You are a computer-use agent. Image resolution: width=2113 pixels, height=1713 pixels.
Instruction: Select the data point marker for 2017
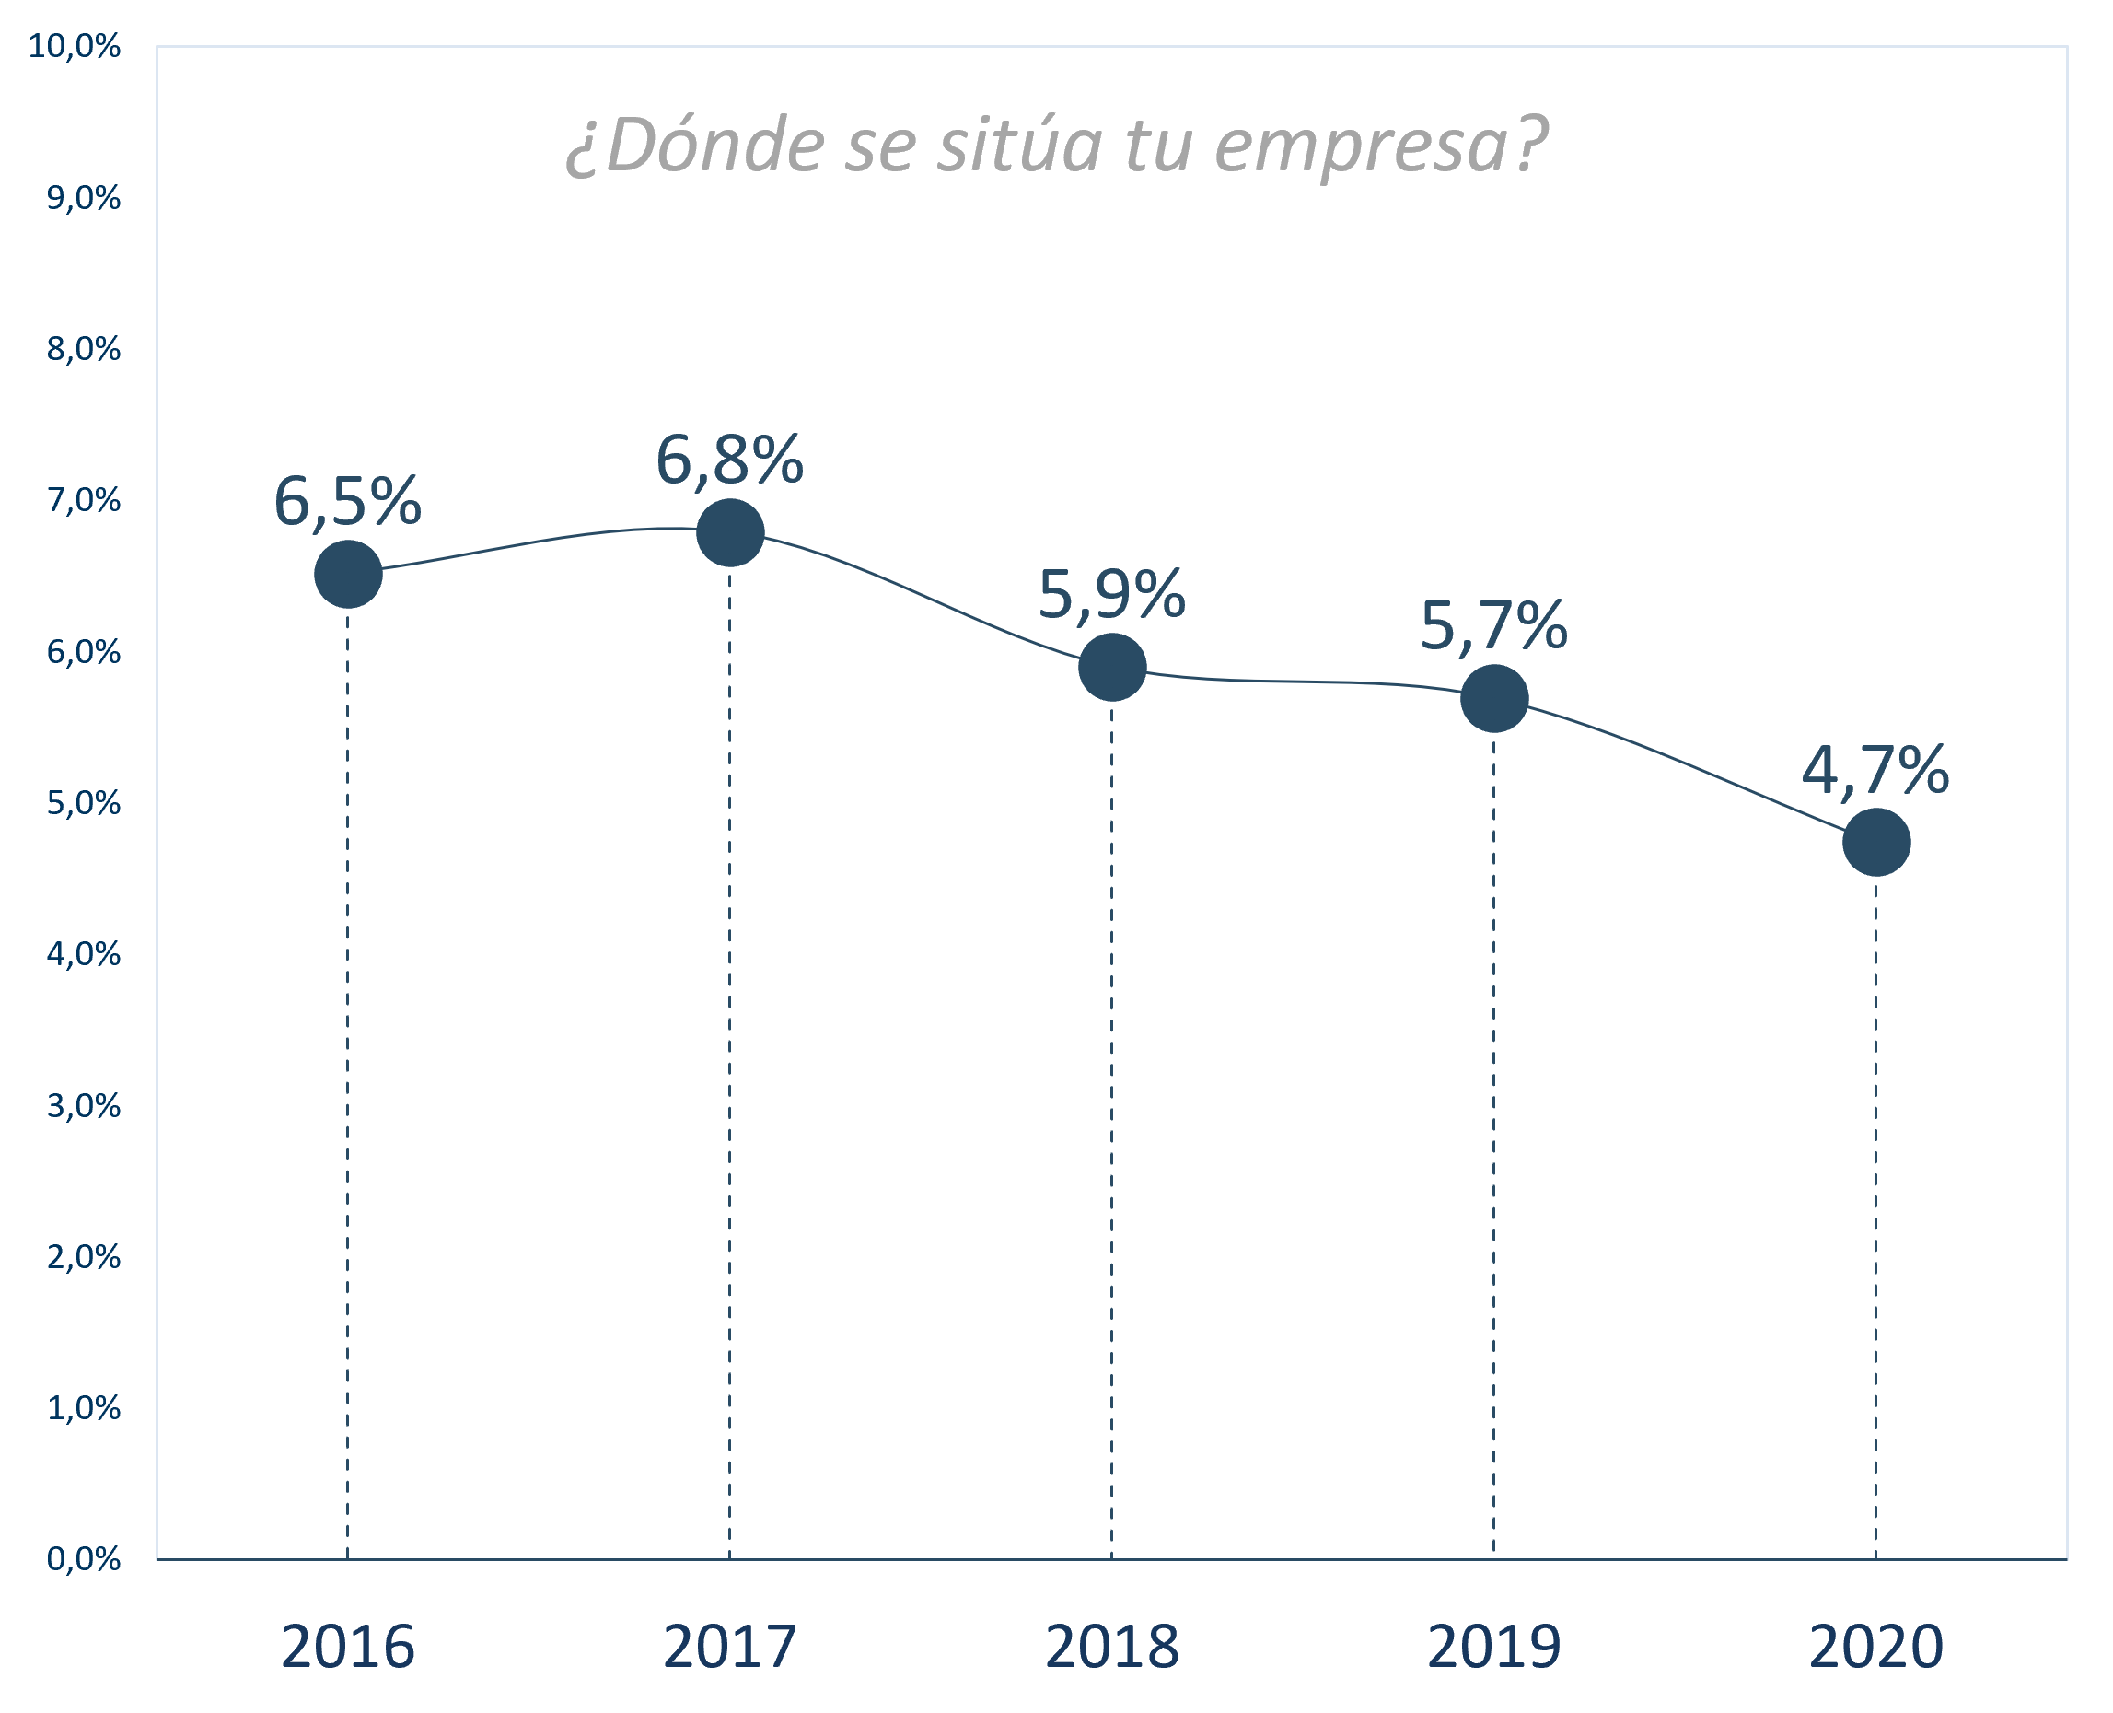pyautogui.click(x=730, y=533)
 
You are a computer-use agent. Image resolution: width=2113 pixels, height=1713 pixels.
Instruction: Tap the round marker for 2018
pyautogui.click(x=1112, y=667)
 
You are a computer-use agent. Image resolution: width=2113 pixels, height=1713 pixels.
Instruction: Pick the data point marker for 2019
pyautogui.click(x=1493, y=699)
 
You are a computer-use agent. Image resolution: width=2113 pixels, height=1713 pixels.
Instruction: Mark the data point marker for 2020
pyautogui.click(x=1876, y=842)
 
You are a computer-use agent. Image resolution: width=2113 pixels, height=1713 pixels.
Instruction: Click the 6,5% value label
pyautogui.click(x=347, y=501)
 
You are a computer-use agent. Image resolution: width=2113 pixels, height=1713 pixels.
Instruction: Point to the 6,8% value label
pyautogui.click(x=730, y=460)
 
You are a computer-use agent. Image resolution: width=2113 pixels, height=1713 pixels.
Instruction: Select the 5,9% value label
pyautogui.click(x=1112, y=595)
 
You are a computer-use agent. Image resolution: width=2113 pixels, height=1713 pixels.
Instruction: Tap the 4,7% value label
pyautogui.click(x=1875, y=770)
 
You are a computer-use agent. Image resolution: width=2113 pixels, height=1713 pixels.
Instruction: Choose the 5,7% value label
pyautogui.click(x=1493, y=625)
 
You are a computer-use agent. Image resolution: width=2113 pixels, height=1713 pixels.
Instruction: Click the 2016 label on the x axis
pyautogui.click(x=348, y=1647)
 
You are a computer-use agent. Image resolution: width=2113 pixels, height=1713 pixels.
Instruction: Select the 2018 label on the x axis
pyautogui.click(x=1112, y=1647)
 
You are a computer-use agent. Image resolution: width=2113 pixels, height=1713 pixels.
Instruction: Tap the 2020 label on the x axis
pyautogui.click(x=1876, y=1647)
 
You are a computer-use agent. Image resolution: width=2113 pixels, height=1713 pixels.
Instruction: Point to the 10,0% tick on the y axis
pyautogui.click(x=75, y=46)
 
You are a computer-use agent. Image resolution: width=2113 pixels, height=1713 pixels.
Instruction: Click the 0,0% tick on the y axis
pyautogui.click(x=84, y=1559)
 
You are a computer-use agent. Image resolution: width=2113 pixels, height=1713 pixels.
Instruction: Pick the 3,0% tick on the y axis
pyautogui.click(x=84, y=1105)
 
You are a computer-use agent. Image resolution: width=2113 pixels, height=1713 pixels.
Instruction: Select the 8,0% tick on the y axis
pyautogui.click(x=84, y=349)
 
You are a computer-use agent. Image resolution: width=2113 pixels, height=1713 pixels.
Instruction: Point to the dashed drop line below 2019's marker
pyautogui.click(x=1493, y=1135)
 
